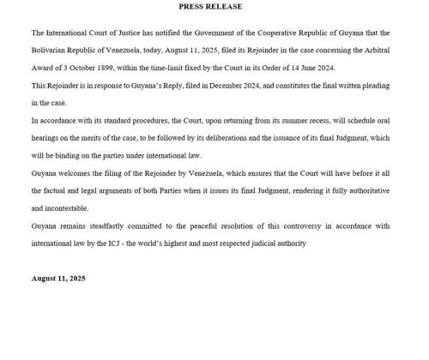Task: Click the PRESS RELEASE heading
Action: (x=210, y=7)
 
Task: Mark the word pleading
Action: (x=384, y=87)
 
